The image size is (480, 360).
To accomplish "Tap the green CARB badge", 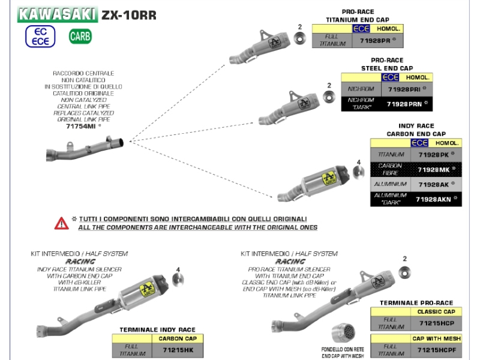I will pos(80,36).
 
